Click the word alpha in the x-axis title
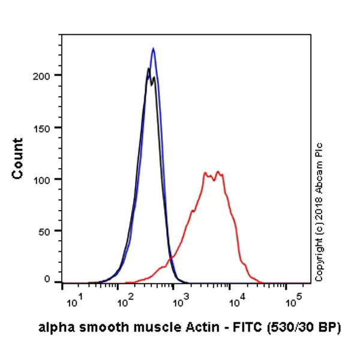pos(52,328)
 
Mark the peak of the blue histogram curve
pos(153,49)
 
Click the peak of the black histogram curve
pos(148,69)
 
